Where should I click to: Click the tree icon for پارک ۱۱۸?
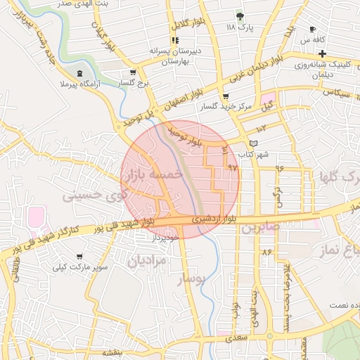click(x=241, y=15)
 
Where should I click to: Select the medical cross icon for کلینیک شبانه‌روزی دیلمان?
click(x=321, y=53)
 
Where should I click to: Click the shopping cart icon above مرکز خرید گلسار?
click(x=225, y=96)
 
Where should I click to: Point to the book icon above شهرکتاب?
click(x=254, y=143)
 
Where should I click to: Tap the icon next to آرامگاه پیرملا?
click(x=79, y=72)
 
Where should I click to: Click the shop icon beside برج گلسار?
click(x=132, y=72)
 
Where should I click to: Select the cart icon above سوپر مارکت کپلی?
click(x=81, y=257)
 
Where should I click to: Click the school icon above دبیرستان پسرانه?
click(x=174, y=40)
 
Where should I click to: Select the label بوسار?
click(x=193, y=279)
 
